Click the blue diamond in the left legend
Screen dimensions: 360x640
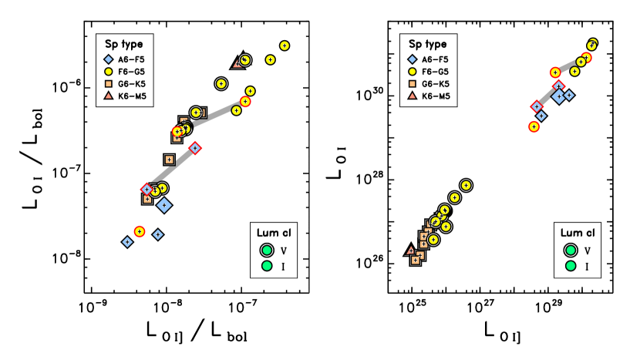pos(109,59)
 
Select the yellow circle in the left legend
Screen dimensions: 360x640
pos(109,72)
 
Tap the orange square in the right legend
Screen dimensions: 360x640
pos(413,84)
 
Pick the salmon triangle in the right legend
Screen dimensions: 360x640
pos(413,96)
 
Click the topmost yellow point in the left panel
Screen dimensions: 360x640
pos(285,45)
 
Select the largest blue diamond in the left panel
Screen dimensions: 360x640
pos(164,205)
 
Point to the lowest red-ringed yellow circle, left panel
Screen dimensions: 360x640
pos(140,231)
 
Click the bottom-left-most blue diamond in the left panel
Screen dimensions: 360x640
pos(127,242)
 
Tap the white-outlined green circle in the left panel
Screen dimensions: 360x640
pos(267,251)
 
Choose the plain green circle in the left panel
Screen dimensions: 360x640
pos(267,266)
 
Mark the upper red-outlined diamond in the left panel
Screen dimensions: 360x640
pos(195,148)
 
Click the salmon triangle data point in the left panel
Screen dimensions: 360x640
pos(237,64)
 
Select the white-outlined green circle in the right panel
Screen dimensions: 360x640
pos(571,251)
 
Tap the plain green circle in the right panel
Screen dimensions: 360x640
pos(571,266)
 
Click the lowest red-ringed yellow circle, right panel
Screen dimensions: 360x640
pos(534,126)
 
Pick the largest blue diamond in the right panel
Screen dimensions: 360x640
pos(558,96)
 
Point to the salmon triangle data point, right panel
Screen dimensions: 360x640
pos(410,251)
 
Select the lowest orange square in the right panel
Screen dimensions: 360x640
pos(416,261)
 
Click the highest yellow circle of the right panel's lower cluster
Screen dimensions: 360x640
pos(466,185)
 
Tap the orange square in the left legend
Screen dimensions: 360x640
pos(109,84)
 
